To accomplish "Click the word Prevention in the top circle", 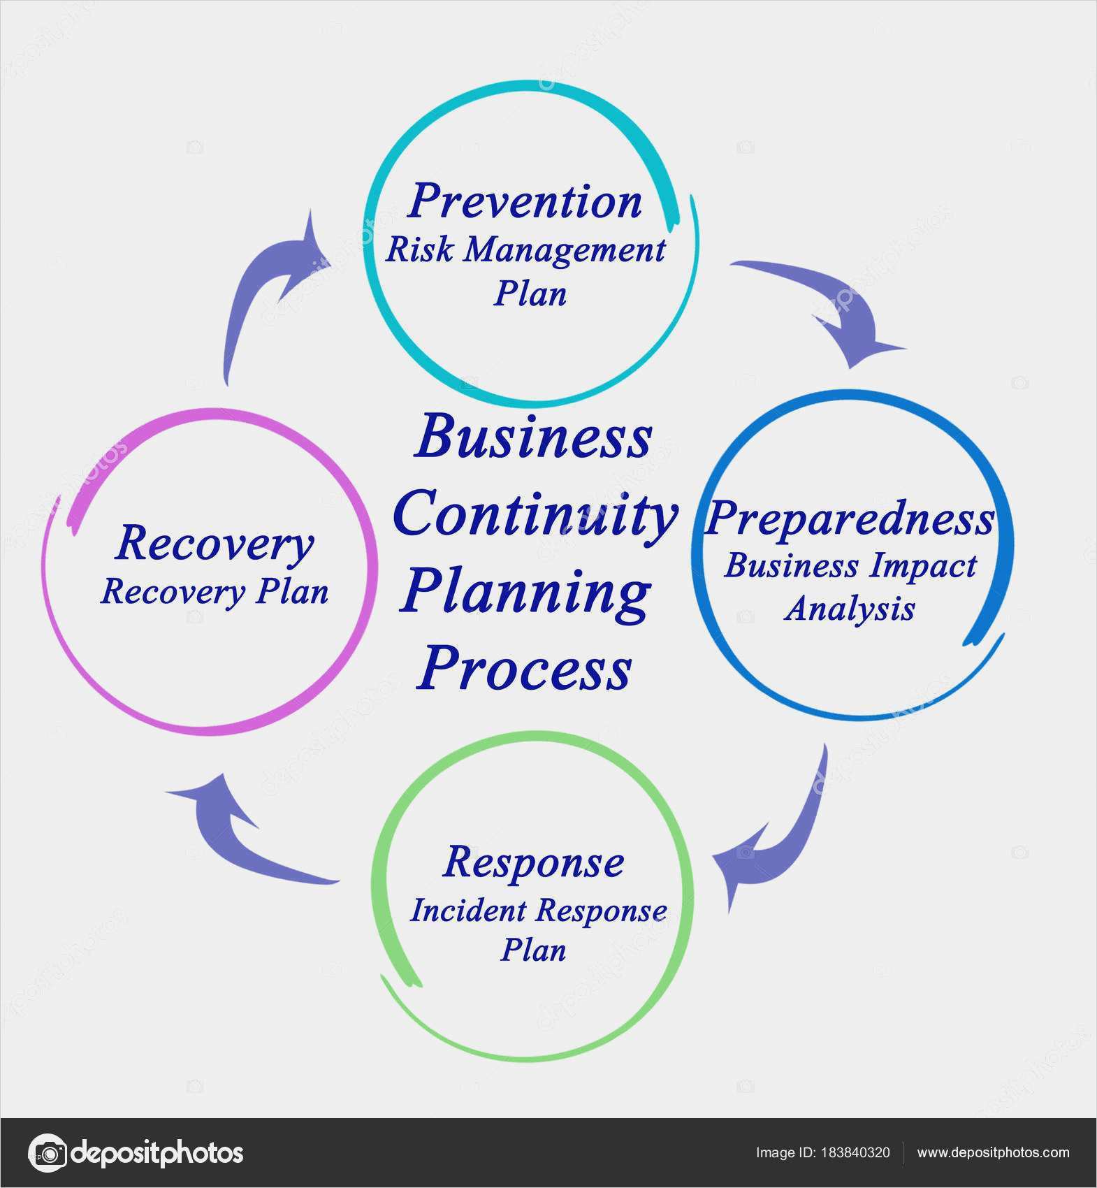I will tap(525, 202).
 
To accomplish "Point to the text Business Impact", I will tap(850, 566).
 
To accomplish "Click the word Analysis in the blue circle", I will tap(850, 609).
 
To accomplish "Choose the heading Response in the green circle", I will tap(533, 862).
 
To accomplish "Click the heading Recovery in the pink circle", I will tap(215, 544).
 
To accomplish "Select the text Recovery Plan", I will tap(215, 593).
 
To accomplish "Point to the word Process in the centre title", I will tap(524, 669).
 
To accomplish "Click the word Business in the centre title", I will tap(532, 439).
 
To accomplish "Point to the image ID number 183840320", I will tap(856, 1152).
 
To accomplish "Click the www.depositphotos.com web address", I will tap(993, 1152).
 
